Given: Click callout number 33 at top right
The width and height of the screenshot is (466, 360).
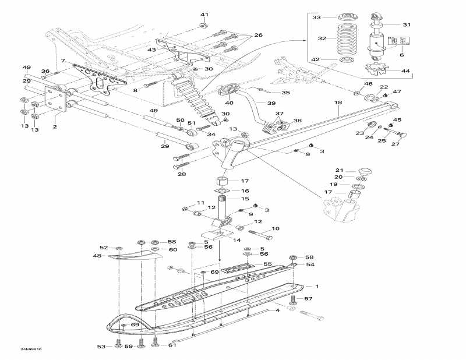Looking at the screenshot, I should pos(316,17).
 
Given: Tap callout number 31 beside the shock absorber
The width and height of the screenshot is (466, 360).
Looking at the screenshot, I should pos(407,24).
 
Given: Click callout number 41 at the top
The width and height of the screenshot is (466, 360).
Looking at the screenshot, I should pos(204,15).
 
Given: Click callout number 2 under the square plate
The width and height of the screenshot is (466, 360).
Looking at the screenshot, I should pos(55,126).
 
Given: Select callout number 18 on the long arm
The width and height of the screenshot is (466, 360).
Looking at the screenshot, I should pos(337,103).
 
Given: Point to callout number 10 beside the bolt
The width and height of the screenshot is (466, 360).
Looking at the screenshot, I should pos(276,229).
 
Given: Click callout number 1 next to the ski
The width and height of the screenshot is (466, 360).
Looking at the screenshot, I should pos(317,286).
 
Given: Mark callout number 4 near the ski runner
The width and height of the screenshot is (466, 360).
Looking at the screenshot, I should pos(277,310).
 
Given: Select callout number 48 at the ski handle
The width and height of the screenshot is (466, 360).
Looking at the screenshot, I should pos(97,256).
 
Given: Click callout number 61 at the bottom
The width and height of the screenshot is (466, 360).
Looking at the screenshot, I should pos(172,346).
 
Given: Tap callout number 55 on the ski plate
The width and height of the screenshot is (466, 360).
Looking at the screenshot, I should pos(267,264).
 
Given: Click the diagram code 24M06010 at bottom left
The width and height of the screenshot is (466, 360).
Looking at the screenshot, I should pos(29,350).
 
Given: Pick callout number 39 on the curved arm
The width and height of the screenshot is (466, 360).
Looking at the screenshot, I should pos(271,103).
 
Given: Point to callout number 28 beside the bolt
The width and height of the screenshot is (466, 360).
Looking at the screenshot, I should pos(182,174).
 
